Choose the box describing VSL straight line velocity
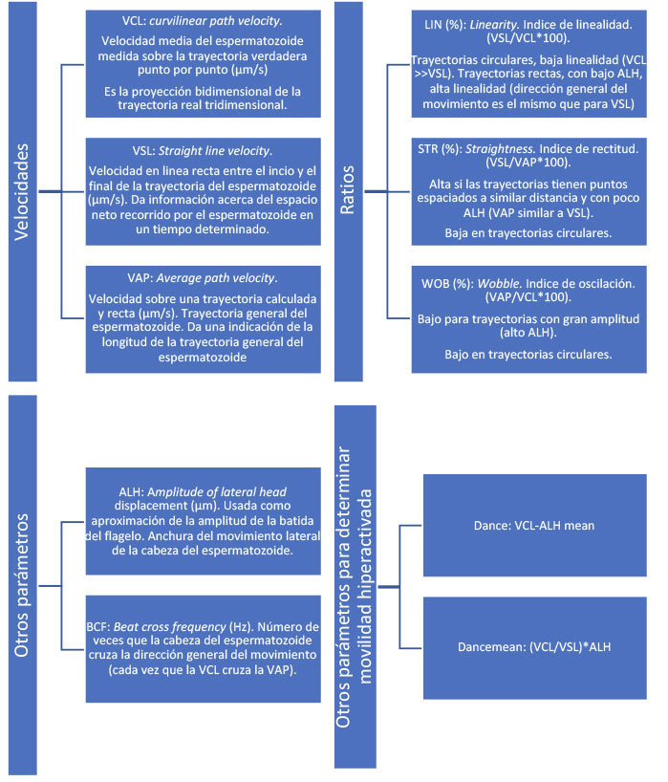click(198, 190)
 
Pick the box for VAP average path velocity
click(198, 317)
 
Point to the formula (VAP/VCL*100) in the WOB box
click(522, 298)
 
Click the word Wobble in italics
click(501, 283)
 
